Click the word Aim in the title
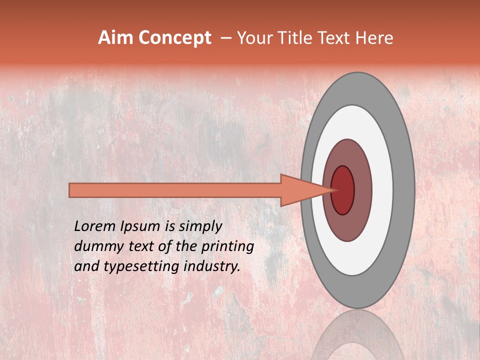click(115, 38)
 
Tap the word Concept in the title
click(174, 38)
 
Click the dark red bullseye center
click(343, 190)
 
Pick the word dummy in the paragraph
click(97, 247)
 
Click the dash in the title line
click(225, 38)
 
